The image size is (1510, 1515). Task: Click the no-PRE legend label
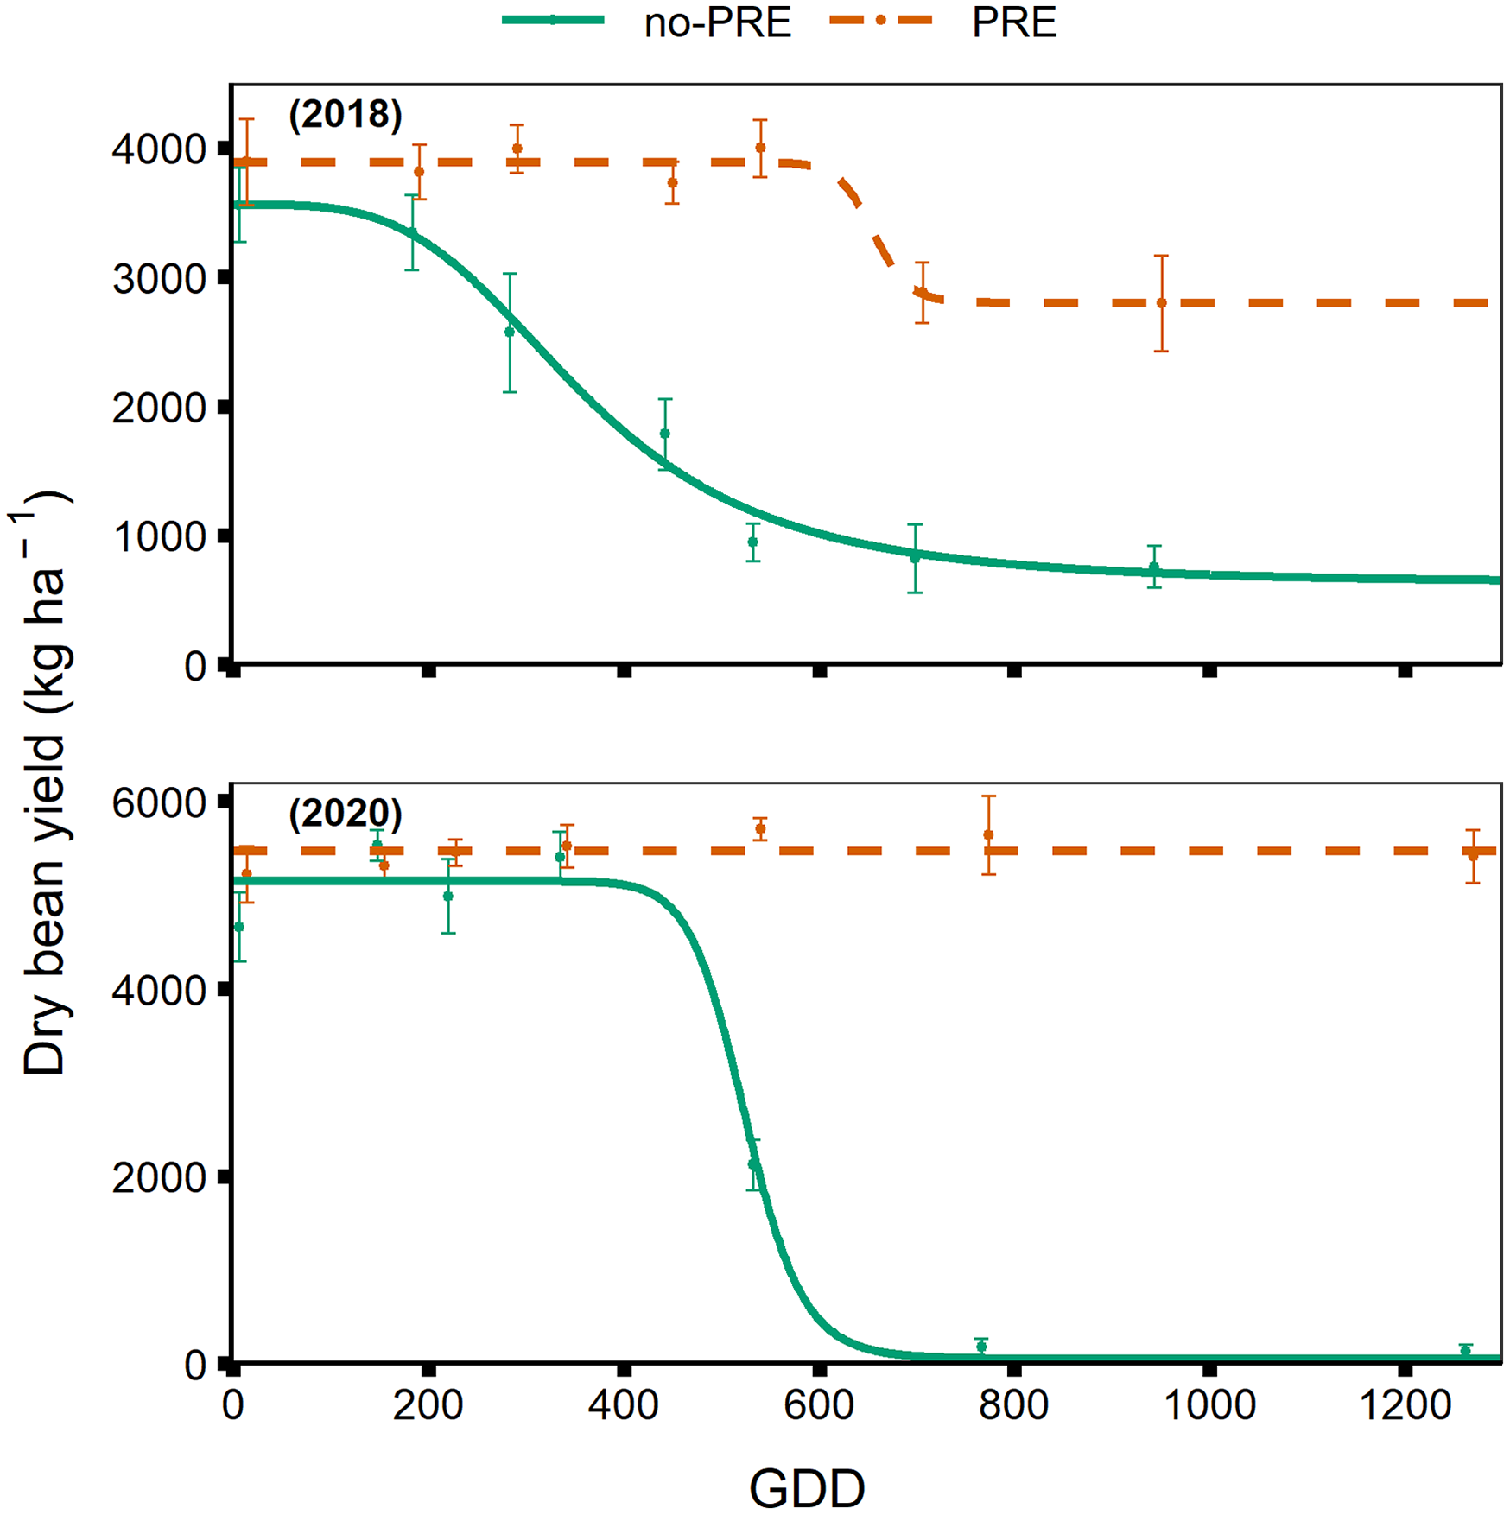click(717, 23)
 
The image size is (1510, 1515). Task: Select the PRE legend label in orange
click(1013, 23)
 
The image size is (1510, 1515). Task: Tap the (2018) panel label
click(346, 114)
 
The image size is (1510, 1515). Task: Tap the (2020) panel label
click(346, 813)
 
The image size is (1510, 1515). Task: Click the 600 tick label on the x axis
click(819, 1405)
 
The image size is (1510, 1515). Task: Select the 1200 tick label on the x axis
click(1405, 1405)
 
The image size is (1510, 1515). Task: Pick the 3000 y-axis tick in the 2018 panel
click(159, 279)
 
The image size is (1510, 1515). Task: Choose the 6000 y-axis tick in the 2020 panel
click(159, 803)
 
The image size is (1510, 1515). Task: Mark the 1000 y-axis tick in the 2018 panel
click(159, 537)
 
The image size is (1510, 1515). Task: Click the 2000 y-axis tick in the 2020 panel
click(159, 1177)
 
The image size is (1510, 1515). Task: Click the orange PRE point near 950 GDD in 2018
click(1162, 303)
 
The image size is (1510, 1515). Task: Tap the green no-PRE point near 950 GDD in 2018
click(1154, 567)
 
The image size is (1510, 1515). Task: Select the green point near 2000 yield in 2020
click(753, 1164)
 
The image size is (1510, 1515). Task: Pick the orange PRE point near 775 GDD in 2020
click(988, 834)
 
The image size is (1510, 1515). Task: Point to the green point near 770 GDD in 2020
click(981, 1347)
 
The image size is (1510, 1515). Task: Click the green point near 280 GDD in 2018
click(510, 332)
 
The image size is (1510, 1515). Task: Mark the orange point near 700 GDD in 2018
click(922, 292)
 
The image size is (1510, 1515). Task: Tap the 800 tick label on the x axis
click(1014, 1405)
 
